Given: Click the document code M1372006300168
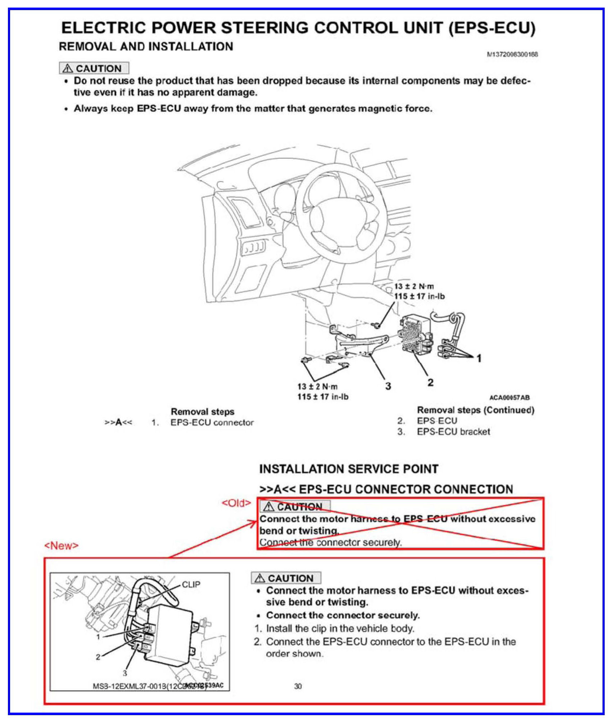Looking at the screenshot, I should (x=512, y=54).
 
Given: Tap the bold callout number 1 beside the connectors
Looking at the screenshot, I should (x=479, y=358).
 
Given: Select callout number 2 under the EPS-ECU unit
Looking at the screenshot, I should (x=430, y=382).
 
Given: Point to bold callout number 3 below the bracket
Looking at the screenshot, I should (x=388, y=386).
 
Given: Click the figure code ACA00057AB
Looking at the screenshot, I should (x=509, y=398).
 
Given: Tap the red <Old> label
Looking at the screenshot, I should (x=236, y=503).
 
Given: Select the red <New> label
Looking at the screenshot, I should (x=61, y=546).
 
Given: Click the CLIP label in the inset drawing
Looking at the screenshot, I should (x=191, y=584).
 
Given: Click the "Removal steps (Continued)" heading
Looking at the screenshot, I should (x=476, y=410).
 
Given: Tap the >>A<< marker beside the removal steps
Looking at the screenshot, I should (x=118, y=422).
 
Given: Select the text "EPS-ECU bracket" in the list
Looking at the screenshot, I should (x=453, y=432).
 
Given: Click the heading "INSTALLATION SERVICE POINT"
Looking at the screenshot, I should (x=349, y=469).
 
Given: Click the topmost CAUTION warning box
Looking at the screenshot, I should (x=94, y=68).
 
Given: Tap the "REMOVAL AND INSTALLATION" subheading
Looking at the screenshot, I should (x=146, y=47).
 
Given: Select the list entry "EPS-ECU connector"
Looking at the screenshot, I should (x=212, y=422).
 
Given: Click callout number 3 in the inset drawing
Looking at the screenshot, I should (x=125, y=673).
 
